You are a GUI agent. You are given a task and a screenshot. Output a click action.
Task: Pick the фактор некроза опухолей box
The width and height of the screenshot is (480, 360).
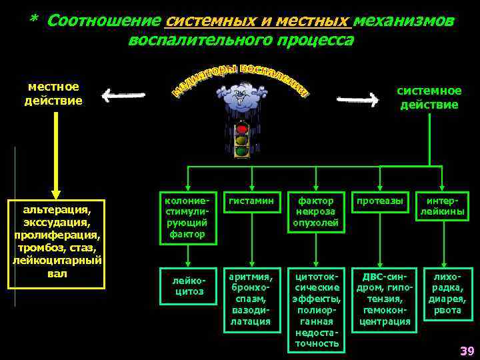click(315, 213)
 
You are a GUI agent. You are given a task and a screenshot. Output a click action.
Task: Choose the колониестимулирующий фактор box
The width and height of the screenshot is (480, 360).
click(187, 217)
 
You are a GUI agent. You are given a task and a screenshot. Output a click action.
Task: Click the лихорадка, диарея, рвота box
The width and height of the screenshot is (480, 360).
click(447, 293)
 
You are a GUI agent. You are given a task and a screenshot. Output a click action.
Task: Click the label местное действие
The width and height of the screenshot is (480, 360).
click(53, 94)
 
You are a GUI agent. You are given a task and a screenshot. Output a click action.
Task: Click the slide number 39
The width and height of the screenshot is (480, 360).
click(466, 351)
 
